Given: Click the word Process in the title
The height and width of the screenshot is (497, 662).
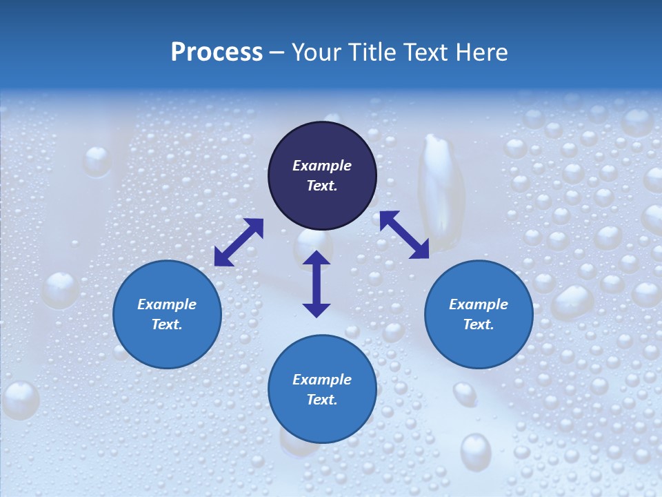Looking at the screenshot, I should [217, 52].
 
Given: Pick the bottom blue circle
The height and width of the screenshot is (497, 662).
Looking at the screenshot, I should [322, 421].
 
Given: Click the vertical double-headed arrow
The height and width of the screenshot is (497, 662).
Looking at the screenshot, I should [317, 284].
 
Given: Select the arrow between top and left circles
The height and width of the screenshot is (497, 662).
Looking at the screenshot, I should [239, 242].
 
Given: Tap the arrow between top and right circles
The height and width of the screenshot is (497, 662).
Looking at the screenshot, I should [404, 235].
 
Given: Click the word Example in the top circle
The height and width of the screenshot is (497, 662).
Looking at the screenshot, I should [322, 166].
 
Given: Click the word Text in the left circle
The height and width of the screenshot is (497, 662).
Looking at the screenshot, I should [167, 324].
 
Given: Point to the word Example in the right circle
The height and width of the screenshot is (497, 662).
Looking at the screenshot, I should [479, 304].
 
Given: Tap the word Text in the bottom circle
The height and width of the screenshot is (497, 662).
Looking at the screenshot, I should [322, 400].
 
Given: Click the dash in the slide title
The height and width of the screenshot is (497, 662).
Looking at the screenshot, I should [277, 53].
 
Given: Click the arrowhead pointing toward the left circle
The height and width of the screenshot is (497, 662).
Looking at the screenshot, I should [223, 257].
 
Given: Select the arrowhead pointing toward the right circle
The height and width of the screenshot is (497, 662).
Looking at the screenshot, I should [419, 250].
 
